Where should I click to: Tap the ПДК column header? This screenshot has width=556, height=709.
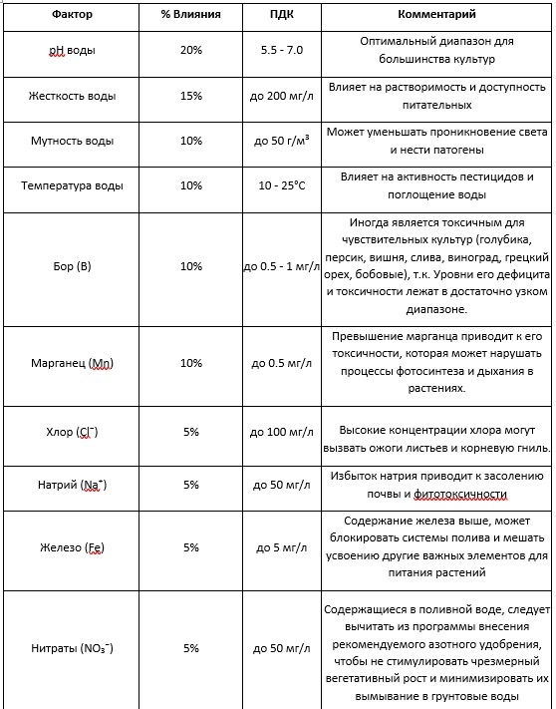coord(281,16)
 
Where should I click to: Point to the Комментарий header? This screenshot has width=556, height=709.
coord(436,16)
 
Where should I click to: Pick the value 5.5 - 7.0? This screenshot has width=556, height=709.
coord(281,51)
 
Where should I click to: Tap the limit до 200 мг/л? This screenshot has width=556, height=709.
coord(281,97)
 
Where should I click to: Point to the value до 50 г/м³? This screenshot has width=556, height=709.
coord(281,142)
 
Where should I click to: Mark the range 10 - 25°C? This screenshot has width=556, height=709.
coord(281,186)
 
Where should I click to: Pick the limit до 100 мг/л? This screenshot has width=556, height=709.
coord(281,432)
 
